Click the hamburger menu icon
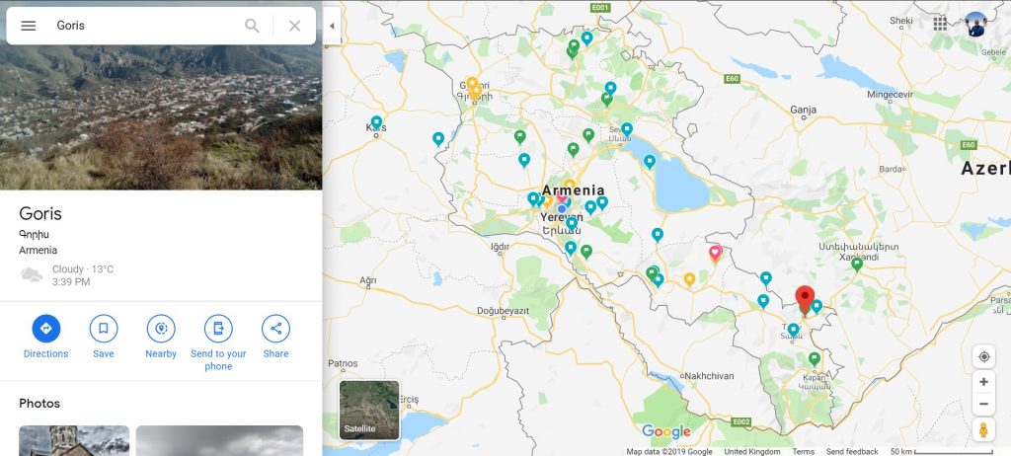29,26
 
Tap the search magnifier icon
252,26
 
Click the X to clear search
294,26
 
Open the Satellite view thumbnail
369,410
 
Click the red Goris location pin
805,297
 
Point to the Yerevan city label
562,218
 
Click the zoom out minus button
983,405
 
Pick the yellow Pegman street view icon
983,430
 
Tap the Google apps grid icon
940,24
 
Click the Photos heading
39,404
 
